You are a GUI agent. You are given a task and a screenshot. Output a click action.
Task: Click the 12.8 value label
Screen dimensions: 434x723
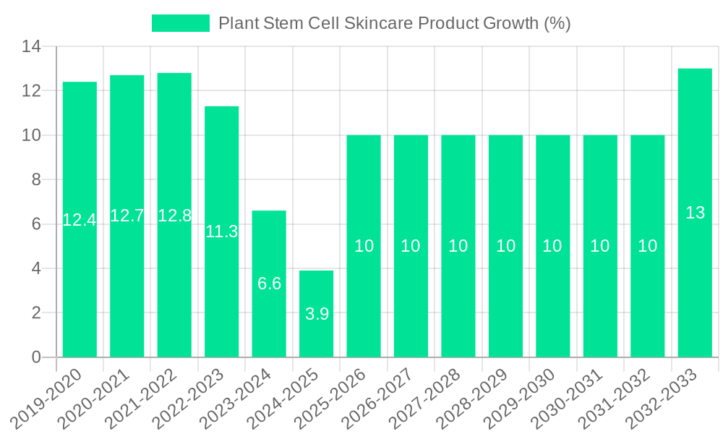pos(174,216)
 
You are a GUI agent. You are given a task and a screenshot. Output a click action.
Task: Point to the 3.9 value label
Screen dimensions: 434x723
pos(317,314)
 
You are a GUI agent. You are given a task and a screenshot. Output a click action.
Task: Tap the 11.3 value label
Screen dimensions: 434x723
pos(222,232)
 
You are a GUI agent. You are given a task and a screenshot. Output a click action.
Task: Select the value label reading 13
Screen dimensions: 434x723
pos(695,213)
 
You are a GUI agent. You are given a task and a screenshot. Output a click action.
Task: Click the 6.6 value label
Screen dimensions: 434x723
pos(269,284)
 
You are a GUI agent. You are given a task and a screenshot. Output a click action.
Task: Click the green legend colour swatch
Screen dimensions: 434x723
pos(180,23)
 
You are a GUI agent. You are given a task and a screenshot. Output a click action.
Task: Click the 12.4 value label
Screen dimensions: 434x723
pos(80,220)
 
